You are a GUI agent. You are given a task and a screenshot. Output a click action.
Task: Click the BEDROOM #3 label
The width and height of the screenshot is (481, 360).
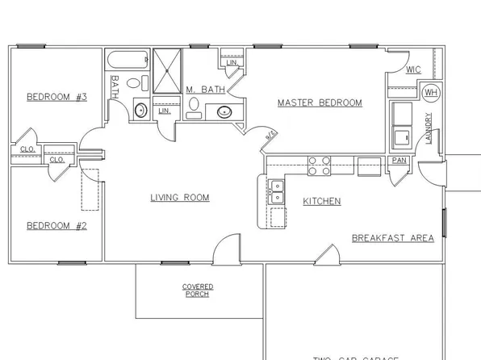(x=56, y=97)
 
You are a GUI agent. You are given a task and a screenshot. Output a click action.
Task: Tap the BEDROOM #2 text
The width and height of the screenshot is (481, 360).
(x=56, y=225)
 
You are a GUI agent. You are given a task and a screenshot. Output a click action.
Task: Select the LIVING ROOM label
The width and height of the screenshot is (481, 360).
(x=180, y=197)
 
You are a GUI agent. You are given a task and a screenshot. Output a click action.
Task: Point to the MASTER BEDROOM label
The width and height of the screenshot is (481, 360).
(x=320, y=103)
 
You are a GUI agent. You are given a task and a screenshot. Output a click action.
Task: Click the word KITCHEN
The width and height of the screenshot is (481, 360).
(x=321, y=201)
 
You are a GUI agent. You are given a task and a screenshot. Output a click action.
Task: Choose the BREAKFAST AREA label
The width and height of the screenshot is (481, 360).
(x=392, y=238)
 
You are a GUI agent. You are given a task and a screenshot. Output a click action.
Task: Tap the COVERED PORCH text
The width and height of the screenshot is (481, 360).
(x=198, y=291)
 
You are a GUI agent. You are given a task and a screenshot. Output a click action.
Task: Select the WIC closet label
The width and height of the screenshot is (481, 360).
(x=414, y=69)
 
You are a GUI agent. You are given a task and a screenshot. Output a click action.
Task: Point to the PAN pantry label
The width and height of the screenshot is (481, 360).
(x=399, y=161)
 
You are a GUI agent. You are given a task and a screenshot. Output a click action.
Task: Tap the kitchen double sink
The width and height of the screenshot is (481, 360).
(x=277, y=191)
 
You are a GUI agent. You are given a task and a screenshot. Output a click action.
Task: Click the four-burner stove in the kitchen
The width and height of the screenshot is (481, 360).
(x=319, y=165)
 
